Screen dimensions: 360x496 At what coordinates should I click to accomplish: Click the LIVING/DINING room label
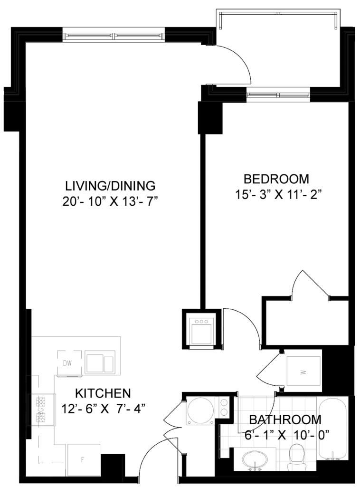(x=110, y=186)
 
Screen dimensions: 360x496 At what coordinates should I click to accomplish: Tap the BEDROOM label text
(x=276, y=179)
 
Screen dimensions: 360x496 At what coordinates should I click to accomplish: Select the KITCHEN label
(x=103, y=393)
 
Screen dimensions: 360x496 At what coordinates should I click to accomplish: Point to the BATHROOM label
(x=285, y=420)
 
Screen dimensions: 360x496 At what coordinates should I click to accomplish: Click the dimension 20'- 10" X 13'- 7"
(x=110, y=201)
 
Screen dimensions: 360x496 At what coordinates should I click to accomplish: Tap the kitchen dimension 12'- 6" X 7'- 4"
(x=104, y=409)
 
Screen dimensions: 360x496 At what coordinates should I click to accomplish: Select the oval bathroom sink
(x=255, y=459)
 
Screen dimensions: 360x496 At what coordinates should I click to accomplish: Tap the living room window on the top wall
(x=114, y=35)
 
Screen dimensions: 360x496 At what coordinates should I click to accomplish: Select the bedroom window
(x=278, y=95)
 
